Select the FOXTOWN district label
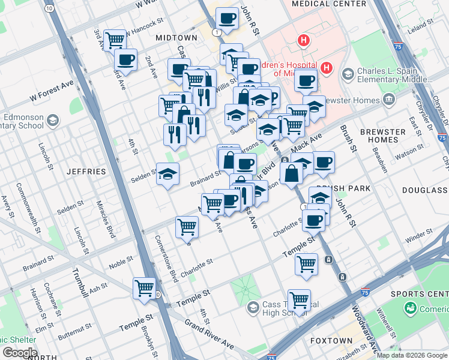point(331,340)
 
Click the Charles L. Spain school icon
point(348,74)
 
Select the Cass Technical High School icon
point(253,307)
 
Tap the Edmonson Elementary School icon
point(53,120)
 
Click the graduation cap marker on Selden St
point(168,174)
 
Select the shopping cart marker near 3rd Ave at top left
point(115,40)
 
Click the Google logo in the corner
point(19,353)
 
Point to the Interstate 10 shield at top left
point(49,8)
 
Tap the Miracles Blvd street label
point(110,223)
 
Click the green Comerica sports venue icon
point(411,308)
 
